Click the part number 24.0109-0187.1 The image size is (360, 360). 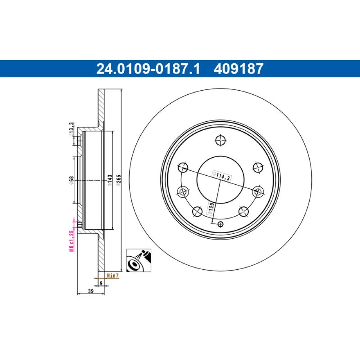148,69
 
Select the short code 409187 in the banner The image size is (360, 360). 239,69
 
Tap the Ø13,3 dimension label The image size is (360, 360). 72,130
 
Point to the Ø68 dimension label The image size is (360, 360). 71,180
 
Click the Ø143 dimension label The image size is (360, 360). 110,180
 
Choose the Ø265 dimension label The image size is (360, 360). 118,180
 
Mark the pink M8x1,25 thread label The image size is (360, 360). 72,241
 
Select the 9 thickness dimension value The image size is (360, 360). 101,283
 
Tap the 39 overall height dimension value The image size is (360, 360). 91,291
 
